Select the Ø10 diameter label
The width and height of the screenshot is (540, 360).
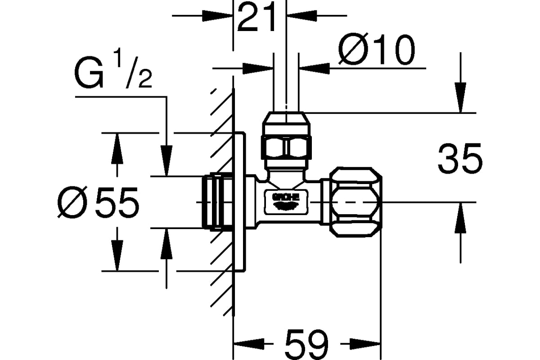(x=377, y=49)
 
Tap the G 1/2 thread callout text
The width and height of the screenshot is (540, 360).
(x=113, y=68)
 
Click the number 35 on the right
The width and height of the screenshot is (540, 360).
(x=460, y=158)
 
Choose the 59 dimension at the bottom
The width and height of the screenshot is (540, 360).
(x=306, y=344)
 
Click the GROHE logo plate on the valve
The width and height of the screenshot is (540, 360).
(x=286, y=202)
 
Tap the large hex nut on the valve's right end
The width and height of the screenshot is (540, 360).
(x=355, y=202)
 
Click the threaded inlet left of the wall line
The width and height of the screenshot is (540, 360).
(x=217, y=202)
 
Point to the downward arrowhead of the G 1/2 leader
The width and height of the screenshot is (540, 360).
(x=166, y=161)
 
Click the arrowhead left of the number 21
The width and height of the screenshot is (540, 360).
(x=217, y=16)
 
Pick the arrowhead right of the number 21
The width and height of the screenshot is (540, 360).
(x=302, y=16)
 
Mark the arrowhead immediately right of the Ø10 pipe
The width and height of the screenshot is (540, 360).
(x=315, y=68)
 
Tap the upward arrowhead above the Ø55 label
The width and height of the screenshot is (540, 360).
(x=117, y=148)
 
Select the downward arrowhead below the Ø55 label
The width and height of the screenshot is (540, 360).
(x=117, y=256)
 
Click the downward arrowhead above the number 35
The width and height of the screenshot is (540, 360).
(x=460, y=98)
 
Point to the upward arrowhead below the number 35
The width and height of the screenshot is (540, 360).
(x=460, y=218)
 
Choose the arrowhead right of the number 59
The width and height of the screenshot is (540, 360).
(x=365, y=344)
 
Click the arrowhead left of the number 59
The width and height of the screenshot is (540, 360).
(x=249, y=344)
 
